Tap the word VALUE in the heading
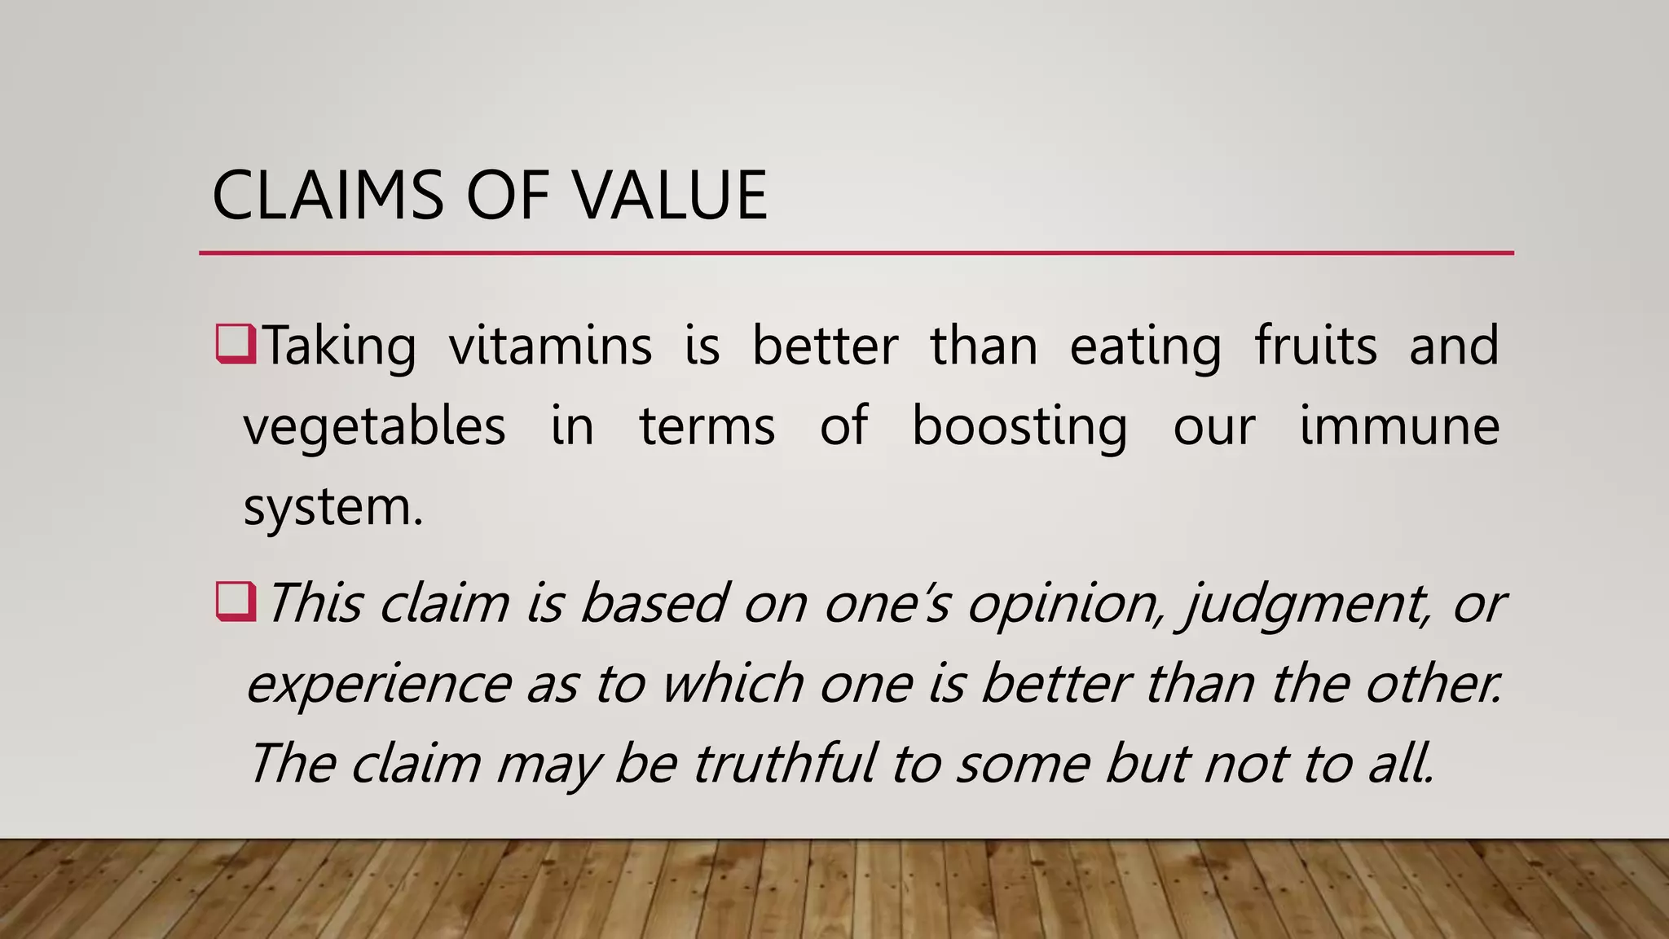669,196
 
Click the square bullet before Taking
236,343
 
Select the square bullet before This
236,602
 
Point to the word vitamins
550,346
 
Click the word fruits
1315,346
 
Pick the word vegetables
374,426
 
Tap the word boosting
1019,426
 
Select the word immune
1398,426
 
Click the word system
332,508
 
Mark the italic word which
732,684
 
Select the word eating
1145,346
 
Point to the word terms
707,426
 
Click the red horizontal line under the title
856,253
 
